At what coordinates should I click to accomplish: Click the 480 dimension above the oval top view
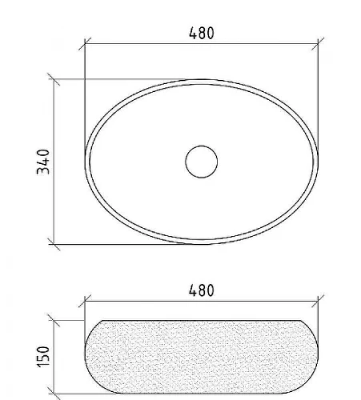(x=202, y=33)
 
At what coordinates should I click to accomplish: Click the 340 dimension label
(x=43, y=162)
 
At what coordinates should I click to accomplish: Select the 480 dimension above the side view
(x=202, y=290)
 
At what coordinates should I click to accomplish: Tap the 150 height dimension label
(x=43, y=357)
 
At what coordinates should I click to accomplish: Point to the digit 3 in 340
(x=43, y=170)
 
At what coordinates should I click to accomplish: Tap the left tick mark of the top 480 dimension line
(x=85, y=44)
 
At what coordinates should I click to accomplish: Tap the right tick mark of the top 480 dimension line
(x=318, y=44)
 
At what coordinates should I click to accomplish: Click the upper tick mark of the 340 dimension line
(x=54, y=79)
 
